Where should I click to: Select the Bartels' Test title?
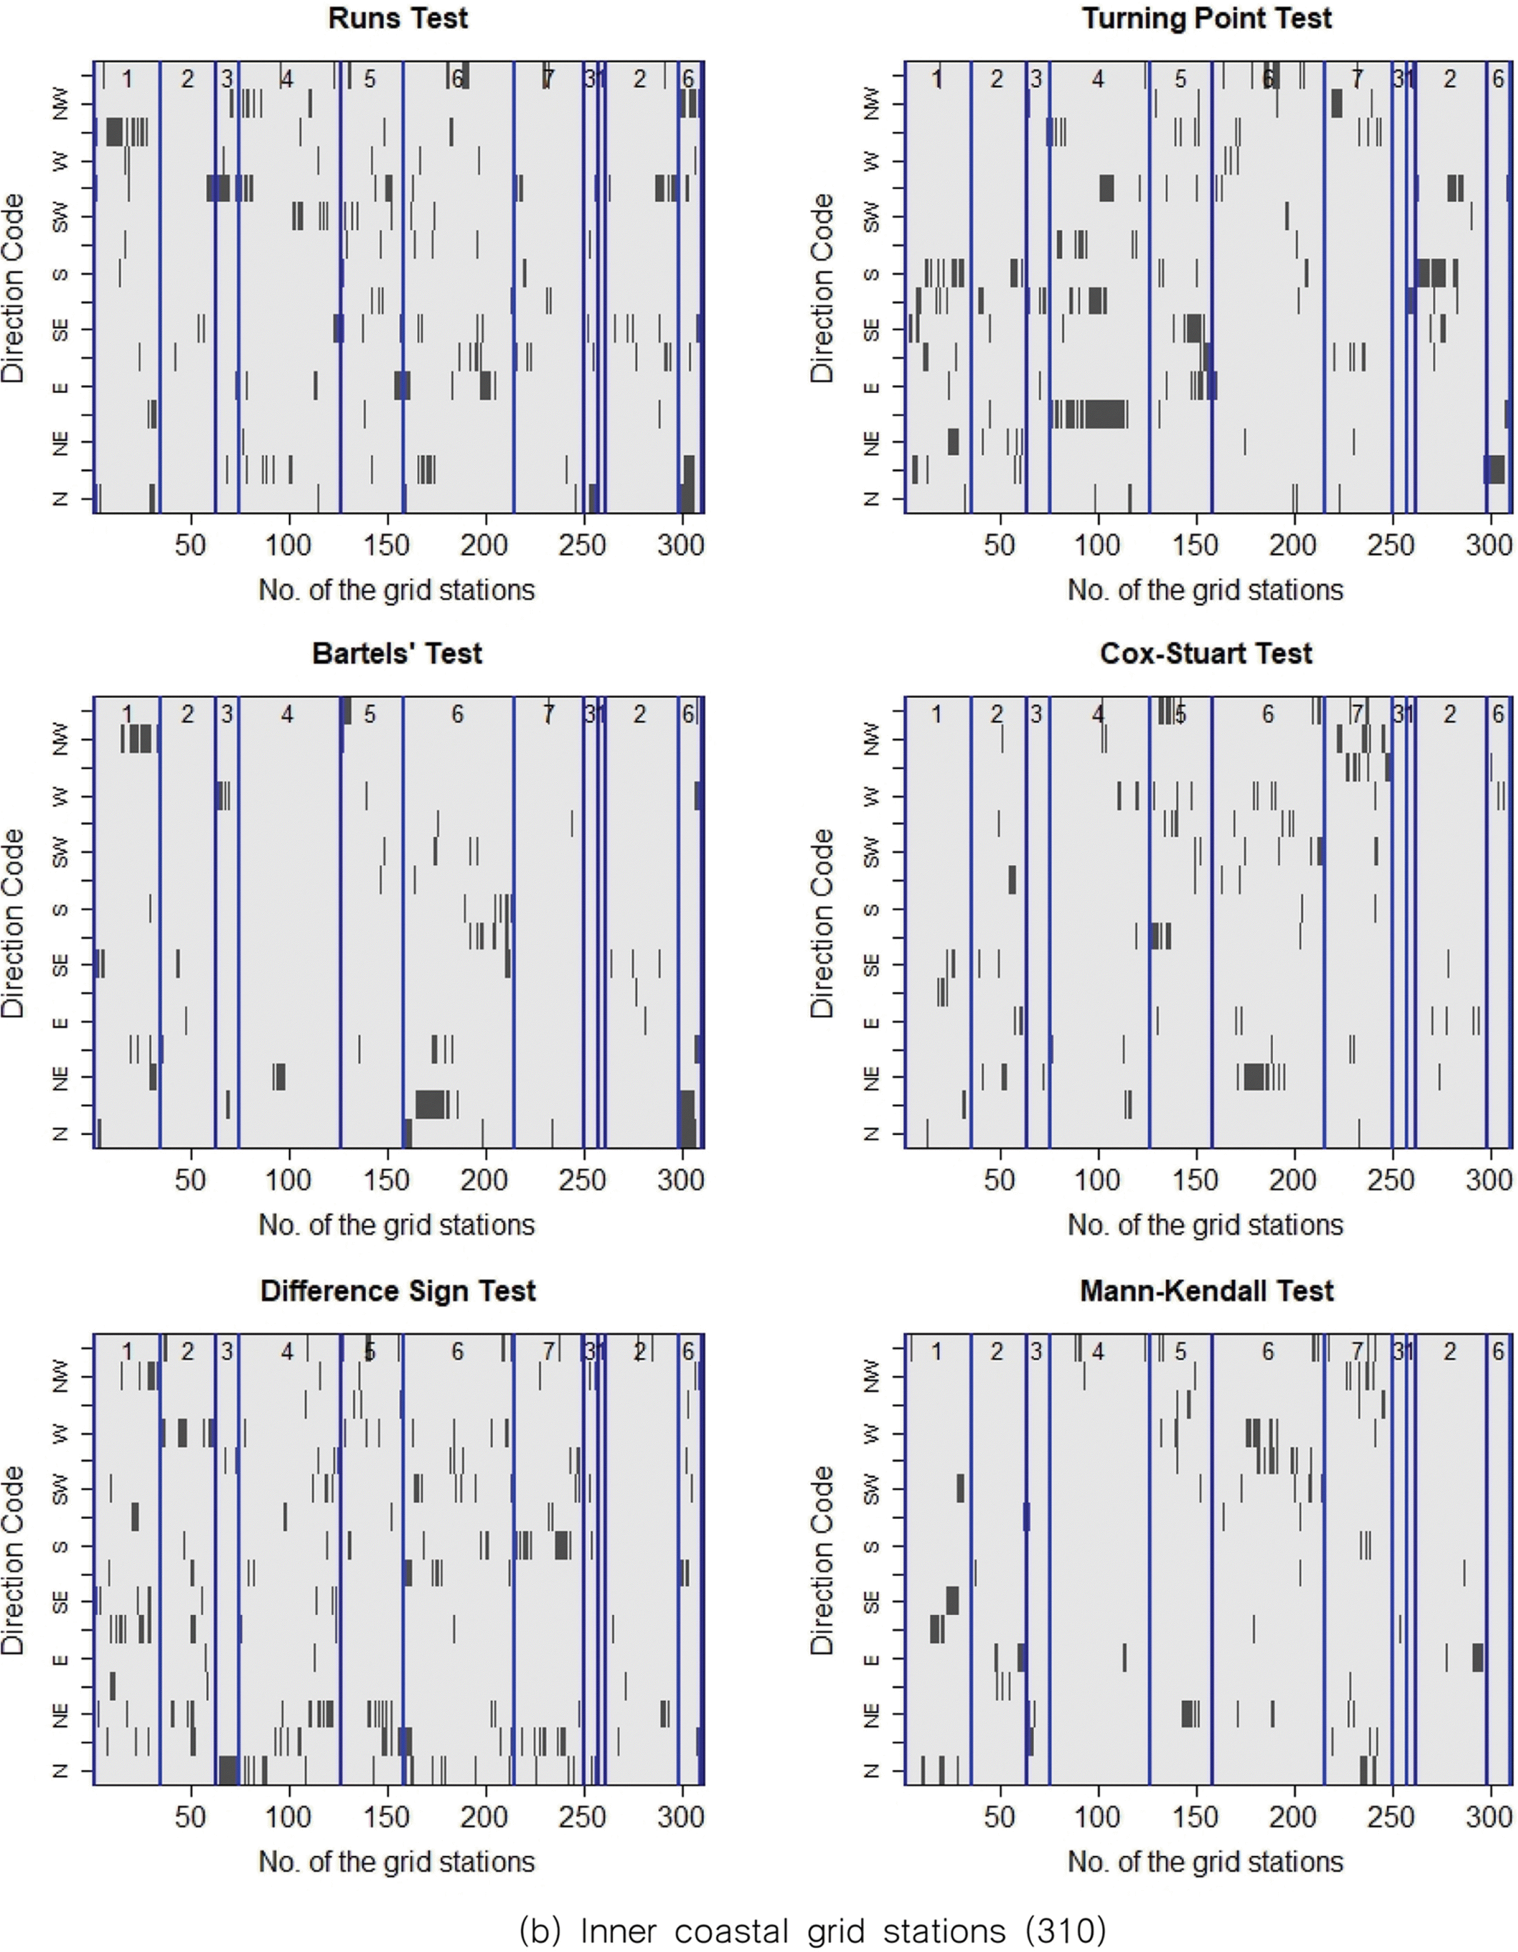click(398, 653)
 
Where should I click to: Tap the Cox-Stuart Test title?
click(1207, 653)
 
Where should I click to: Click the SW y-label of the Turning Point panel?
click(873, 217)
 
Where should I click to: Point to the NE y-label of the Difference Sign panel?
click(61, 1715)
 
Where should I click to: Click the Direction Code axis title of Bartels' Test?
click(14, 922)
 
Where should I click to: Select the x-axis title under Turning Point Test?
click(1205, 590)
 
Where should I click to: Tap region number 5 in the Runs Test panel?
click(369, 80)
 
